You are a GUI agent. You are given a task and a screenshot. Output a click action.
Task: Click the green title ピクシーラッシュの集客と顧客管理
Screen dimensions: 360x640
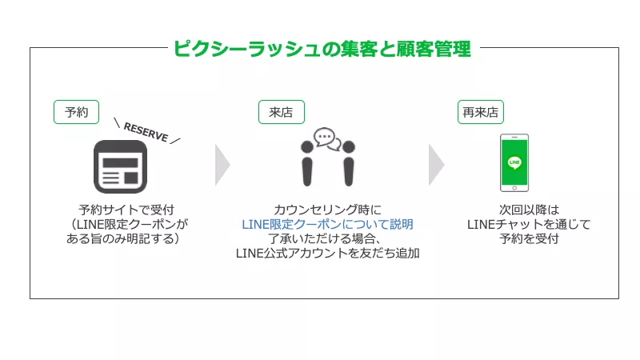click(x=322, y=49)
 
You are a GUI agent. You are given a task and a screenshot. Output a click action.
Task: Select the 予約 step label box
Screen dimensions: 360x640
click(x=76, y=112)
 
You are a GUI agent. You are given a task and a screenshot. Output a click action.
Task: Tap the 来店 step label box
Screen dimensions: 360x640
click(x=281, y=112)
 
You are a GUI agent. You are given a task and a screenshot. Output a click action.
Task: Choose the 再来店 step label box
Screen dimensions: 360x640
click(x=480, y=112)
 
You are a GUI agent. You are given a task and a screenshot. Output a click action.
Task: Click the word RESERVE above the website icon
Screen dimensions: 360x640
click(x=146, y=132)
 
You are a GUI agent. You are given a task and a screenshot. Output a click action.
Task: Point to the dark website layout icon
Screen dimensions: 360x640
click(x=121, y=166)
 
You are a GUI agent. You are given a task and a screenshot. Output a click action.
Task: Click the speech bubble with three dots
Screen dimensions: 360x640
click(x=326, y=137)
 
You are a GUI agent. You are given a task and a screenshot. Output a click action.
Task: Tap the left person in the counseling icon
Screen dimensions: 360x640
click(x=308, y=163)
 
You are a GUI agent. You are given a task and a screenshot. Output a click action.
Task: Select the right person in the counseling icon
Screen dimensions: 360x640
click(x=347, y=163)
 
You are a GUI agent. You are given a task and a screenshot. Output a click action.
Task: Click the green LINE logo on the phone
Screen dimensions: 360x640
click(x=514, y=161)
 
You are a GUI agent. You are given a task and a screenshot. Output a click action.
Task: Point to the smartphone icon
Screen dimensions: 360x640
click(x=514, y=162)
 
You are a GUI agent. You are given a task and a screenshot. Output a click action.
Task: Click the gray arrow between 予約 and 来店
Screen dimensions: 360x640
click(x=222, y=164)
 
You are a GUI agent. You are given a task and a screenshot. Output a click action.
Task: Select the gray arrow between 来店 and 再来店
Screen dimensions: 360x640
click(x=437, y=164)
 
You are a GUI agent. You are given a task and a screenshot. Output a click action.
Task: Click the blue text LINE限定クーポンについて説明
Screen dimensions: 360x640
click(x=328, y=224)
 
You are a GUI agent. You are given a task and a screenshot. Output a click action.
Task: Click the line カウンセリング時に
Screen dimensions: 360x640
click(x=328, y=210)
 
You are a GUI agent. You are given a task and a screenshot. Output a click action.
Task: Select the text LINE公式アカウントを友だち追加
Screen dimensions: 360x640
click(x=328, y=254)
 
